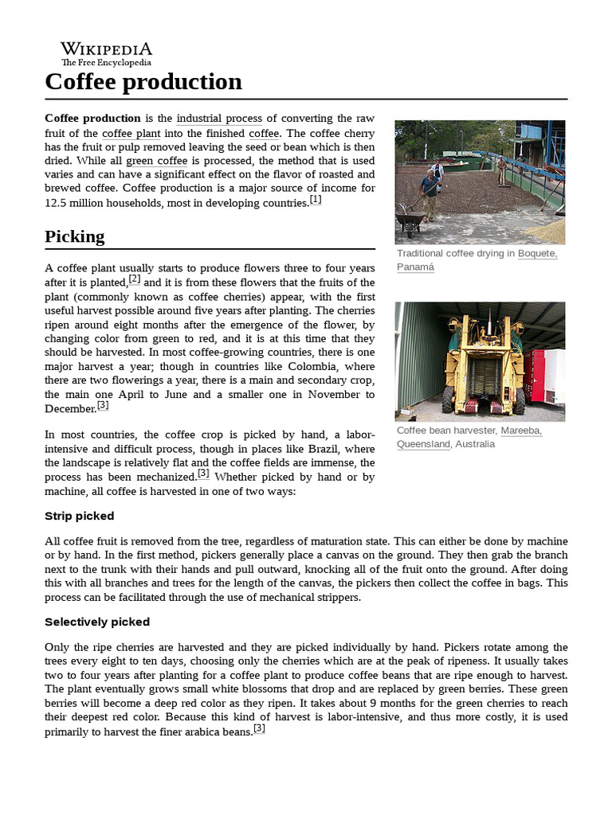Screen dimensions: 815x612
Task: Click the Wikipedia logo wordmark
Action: tap(106, 49)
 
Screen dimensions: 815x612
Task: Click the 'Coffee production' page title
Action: tap(143, 81)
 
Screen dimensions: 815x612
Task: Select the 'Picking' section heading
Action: tap(75, 236)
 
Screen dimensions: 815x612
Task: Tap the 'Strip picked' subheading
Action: tap(80, 516)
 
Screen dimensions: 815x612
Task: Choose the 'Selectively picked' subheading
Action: tap(97, 622)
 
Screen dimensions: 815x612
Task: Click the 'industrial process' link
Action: tap(219, 119)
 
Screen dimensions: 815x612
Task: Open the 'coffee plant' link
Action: tap(131, 134)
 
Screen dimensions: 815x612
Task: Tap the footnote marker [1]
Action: tap(316, 200)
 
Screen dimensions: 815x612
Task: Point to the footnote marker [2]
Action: tap(135, 279)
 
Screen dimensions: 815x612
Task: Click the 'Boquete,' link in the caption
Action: tap(537, 254)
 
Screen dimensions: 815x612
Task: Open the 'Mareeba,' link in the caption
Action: tap(521, 431)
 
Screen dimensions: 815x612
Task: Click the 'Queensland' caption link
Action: tap(423, 444)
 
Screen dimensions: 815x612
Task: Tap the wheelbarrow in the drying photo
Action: tap(410, 224)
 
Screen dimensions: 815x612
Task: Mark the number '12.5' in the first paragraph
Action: tap(58, 203)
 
